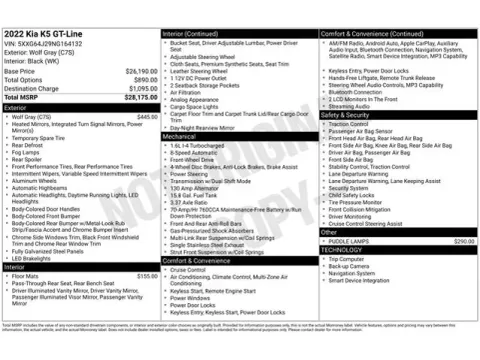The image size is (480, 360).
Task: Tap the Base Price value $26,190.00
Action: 140,72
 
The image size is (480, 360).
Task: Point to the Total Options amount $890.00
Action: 144,80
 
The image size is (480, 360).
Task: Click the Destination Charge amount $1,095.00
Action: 141,88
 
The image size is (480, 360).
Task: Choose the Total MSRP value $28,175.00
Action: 139,97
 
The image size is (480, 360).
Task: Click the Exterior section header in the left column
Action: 16,106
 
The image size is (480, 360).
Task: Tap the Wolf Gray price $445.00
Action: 146,117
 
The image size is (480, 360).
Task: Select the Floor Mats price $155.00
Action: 146,275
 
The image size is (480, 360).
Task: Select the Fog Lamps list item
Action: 29,151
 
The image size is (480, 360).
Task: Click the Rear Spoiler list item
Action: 29,159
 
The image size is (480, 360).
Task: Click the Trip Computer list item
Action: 346,259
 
